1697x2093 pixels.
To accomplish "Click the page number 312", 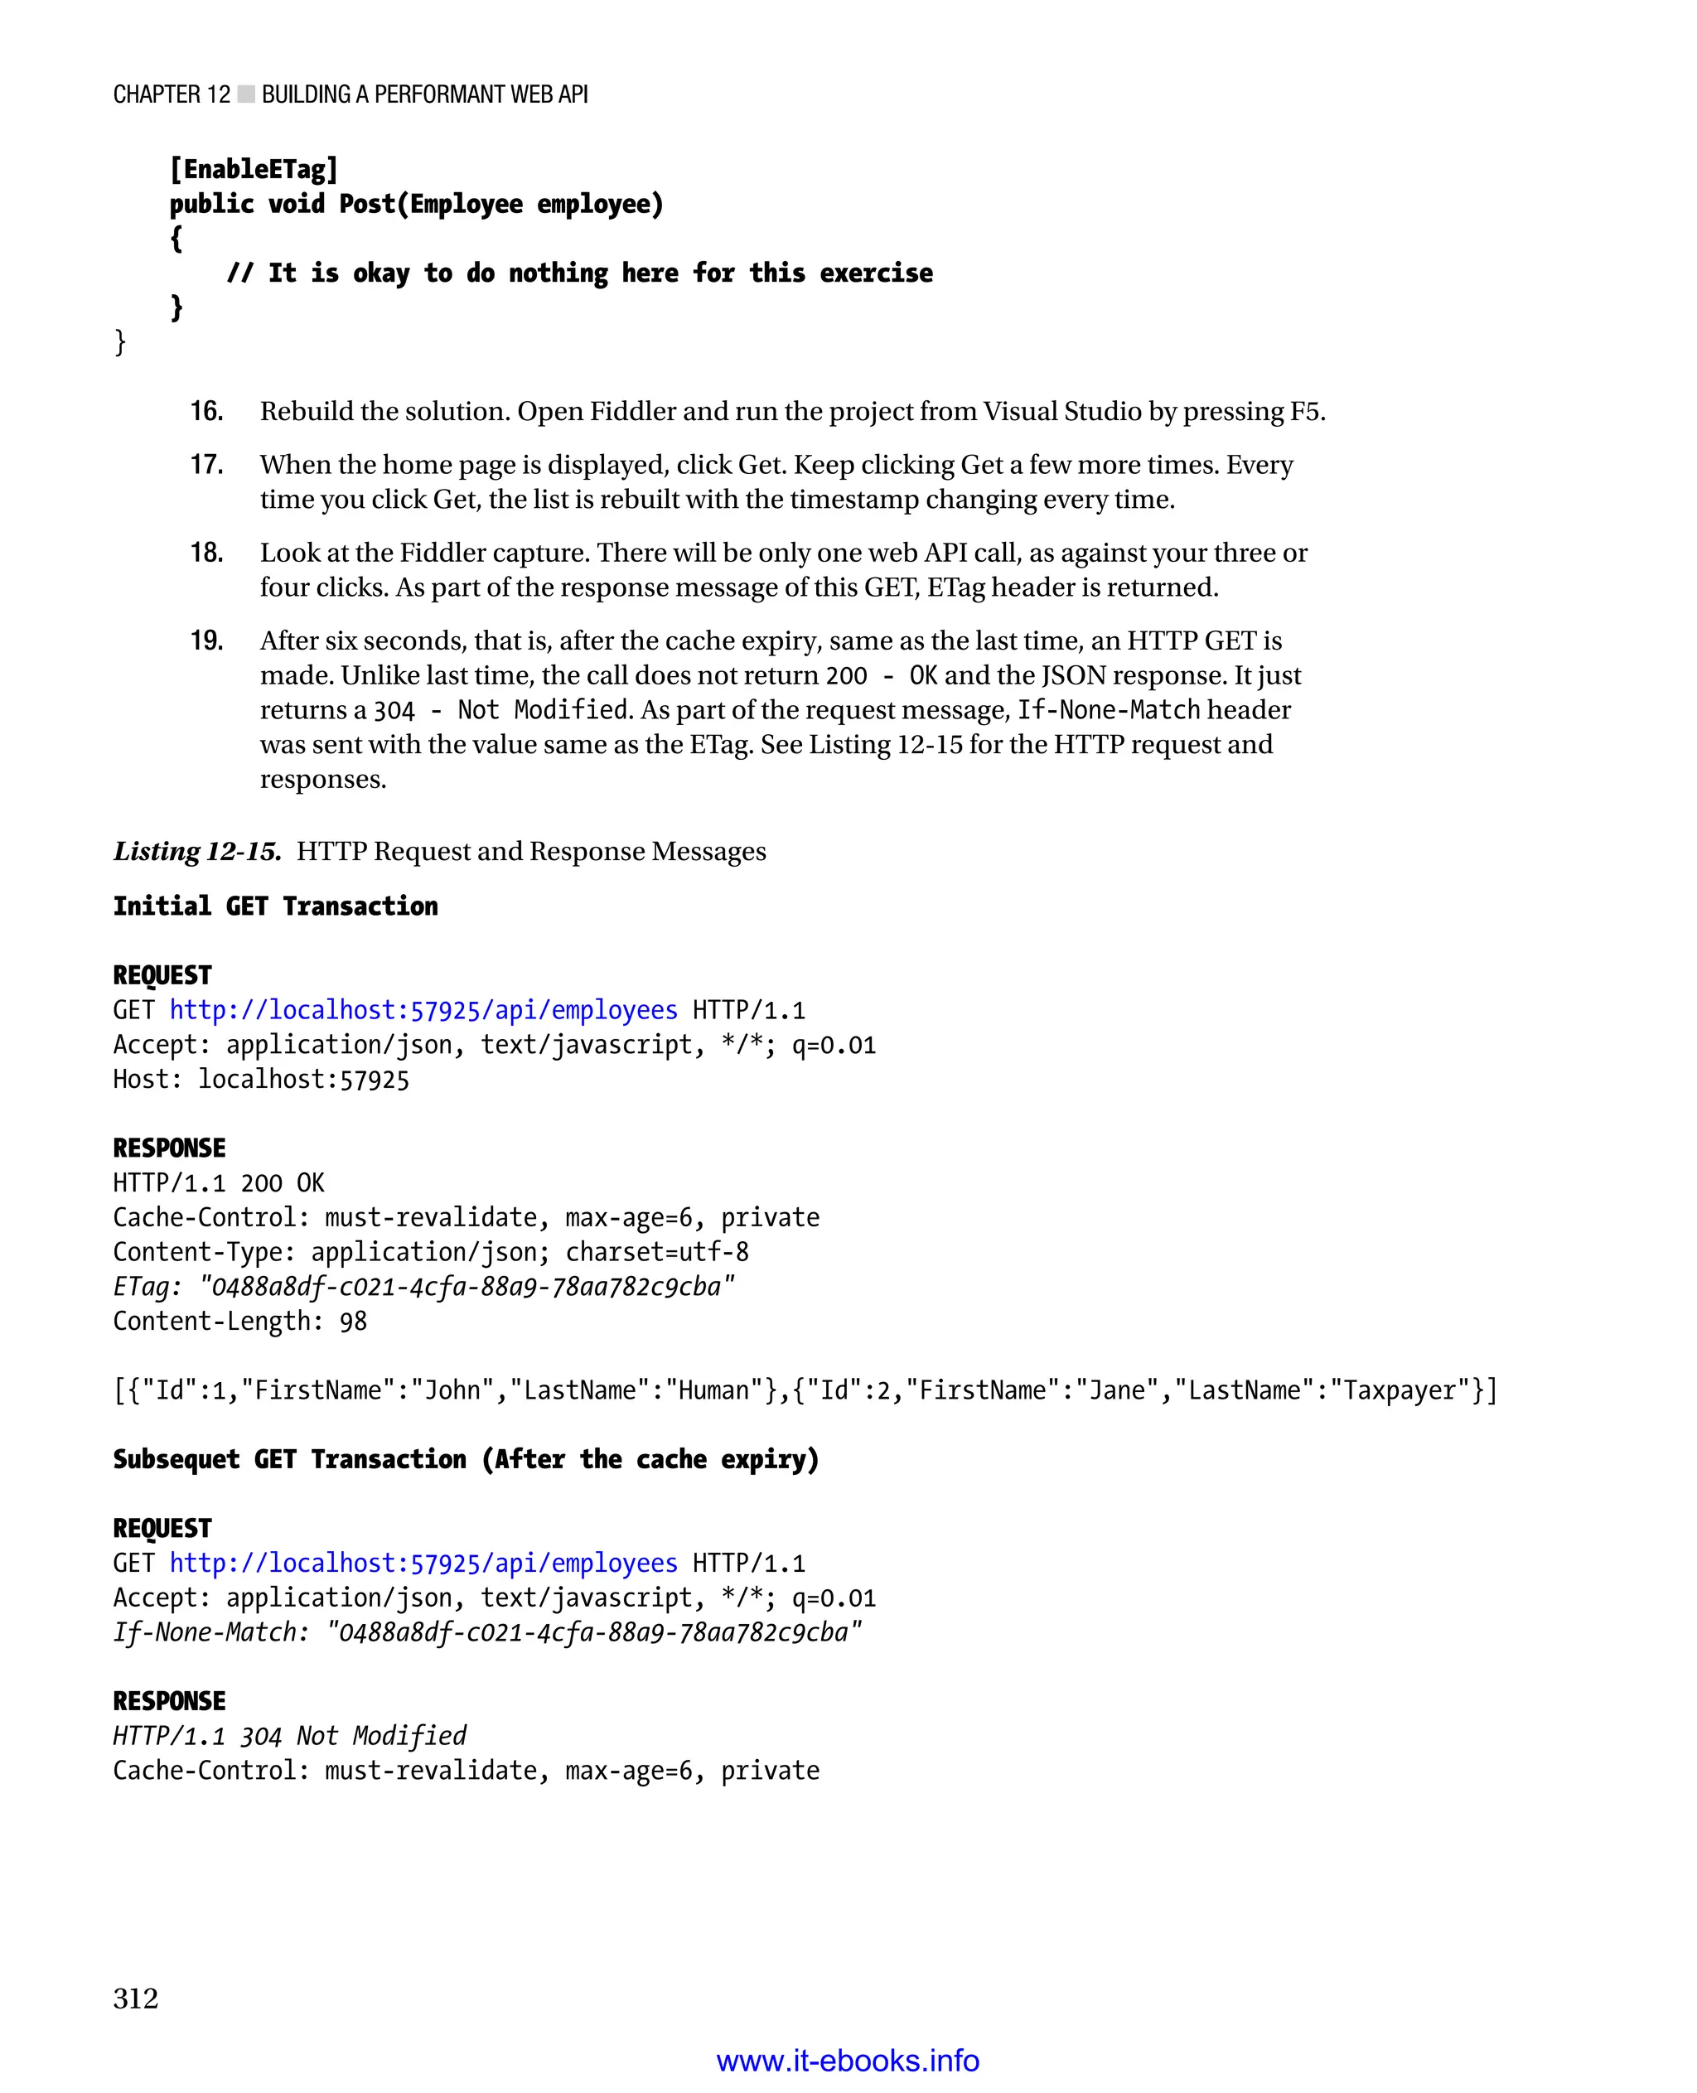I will pyautogui.click(x=135, y=1999).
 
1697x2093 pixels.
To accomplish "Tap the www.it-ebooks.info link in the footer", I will pyautogui.click(x=848, y=2060).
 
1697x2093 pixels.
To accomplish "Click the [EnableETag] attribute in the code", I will pyautogui.click(x=254, y=170).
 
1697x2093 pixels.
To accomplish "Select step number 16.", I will pyautogui.click(x=206, y=412).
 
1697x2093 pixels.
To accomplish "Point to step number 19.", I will pyautogui.click(x=206, y=641).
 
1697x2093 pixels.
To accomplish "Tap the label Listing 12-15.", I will pyautogui.click(x=197, y=852).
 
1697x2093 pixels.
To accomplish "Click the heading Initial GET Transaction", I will pyautogui.click(x=275, y=906).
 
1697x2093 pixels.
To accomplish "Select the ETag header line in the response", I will pyautogui.click(x=423, y=1287).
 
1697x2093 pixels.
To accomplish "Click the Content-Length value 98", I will pyautogui.click(x=353, y=1322).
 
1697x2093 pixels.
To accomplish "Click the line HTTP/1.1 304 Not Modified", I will pyautogui.click(x=289, y=1736).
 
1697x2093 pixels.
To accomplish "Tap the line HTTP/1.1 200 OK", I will pyautogui.click(x=218, y=1183).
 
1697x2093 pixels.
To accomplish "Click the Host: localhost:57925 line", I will pyautogui.click(x=261, y=1080).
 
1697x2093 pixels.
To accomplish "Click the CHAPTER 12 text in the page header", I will pyautogui.click(x=171, y=94).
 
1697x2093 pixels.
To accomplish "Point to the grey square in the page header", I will pyautogui.click(x=246, y=94).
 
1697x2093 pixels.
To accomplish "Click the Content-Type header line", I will pyautogui.click(x=430, y=1252).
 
